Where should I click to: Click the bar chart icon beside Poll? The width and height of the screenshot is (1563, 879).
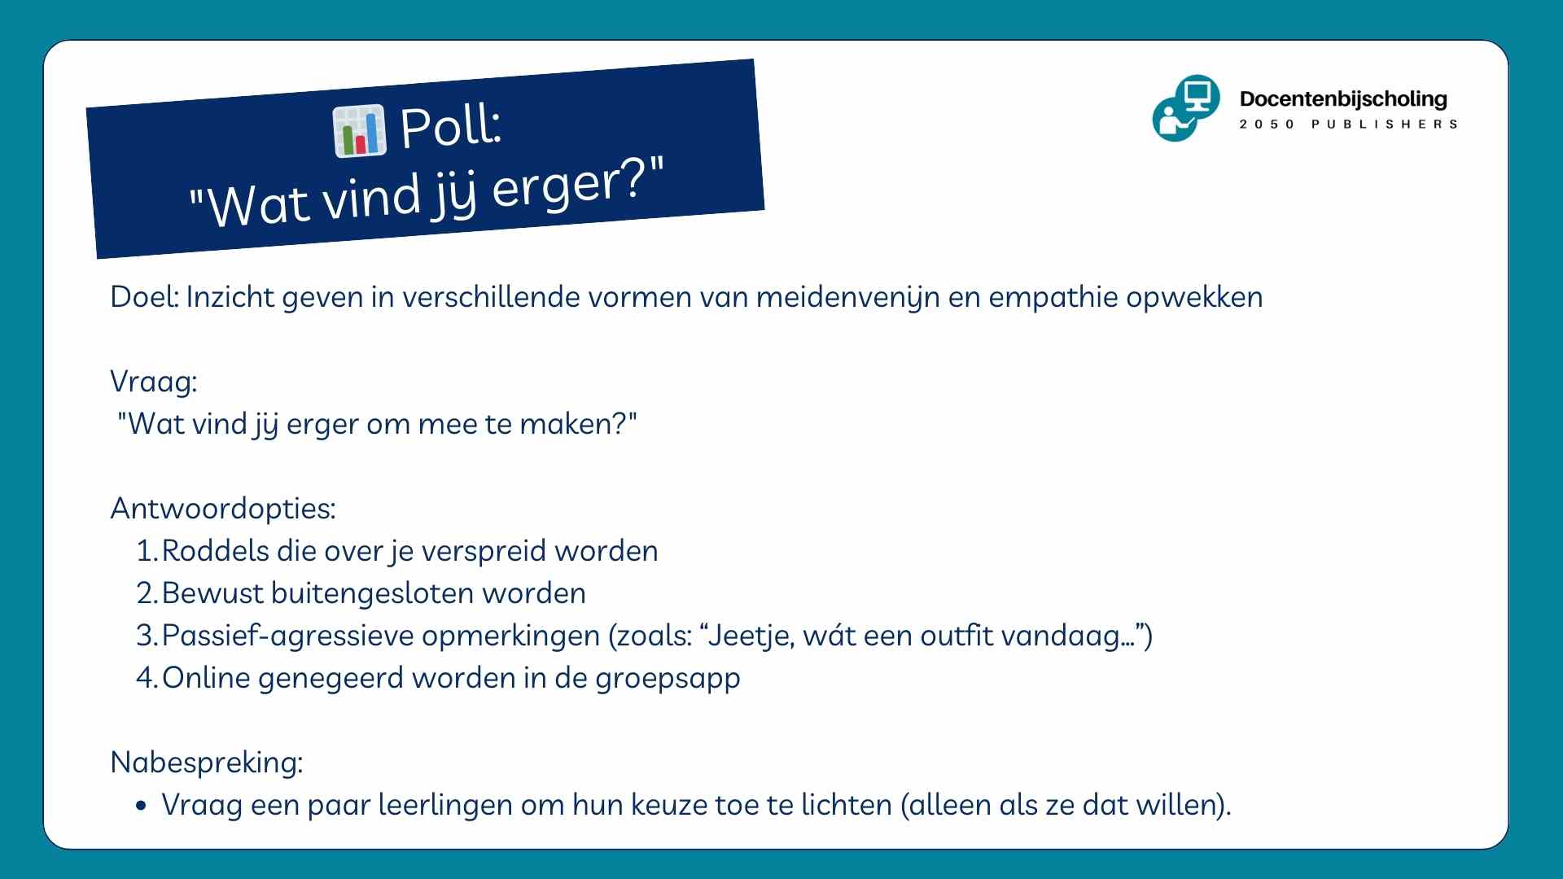(359, 130)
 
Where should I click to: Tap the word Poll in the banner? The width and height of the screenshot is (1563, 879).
(450, 127)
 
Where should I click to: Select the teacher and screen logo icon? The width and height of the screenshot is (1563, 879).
(1186, 108)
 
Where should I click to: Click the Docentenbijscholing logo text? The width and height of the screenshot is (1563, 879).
(1343, 99)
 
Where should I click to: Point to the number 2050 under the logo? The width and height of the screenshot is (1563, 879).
(1267, 125)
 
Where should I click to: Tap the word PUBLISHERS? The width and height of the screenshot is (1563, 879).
(1385, 125)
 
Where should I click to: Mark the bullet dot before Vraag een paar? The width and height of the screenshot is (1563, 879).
(142, 807)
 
